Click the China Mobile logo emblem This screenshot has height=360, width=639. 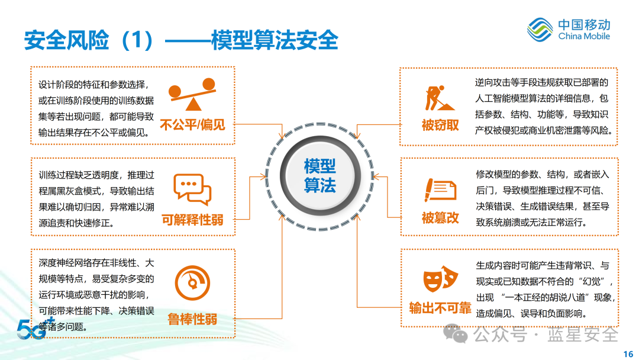[x=540, y=30]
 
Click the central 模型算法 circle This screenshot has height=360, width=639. [x=320, y=176]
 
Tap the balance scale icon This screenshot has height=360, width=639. [x=192, y=94]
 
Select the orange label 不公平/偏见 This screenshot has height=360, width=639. [x=192, y=125]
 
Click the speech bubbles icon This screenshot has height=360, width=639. [x=192, y=189]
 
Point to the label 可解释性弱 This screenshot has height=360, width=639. [x=192, y=220]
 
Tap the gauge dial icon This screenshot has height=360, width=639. [x=192, y=283]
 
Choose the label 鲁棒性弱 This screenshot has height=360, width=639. [x=192, y=319]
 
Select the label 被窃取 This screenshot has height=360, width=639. [x=440, y=125]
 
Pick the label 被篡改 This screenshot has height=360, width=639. [x=440, y=218]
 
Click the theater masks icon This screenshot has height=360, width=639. [x=440, y=279]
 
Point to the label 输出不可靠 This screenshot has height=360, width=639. [x=440, y=308]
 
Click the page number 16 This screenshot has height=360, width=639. [x=628, y=354]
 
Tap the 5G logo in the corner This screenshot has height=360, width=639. [x=33, y=329]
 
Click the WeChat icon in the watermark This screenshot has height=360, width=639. [x=456, y=334]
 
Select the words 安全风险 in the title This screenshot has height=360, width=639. [x=66, y=40]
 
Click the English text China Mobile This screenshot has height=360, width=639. [x=584, y=36]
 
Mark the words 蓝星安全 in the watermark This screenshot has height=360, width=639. [x=583, y=335]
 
